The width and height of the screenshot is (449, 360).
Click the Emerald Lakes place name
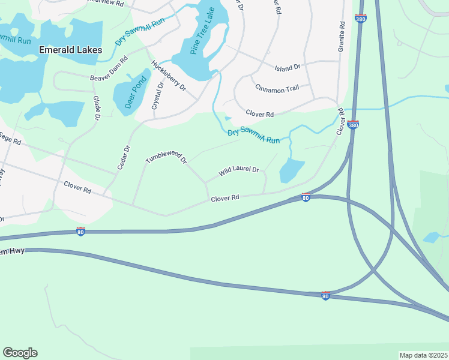click(x=70, y=50)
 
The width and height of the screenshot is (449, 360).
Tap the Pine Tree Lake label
click(x=202, y=32)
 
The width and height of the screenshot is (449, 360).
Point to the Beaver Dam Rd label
click(x=109, y=69)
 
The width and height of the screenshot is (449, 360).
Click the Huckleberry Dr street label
click(x=169, y=76)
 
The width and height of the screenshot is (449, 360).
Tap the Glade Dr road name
click(x=96, y=107)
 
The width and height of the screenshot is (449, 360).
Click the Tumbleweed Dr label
click(x=166, y=158)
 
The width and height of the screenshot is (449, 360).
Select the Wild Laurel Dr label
click(x=238, y=172)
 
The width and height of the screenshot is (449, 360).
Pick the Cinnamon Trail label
click(x=277, y=89)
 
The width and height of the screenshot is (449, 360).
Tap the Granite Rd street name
click(x=342, y=37)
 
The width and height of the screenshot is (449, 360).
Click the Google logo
click(x=20, y=353)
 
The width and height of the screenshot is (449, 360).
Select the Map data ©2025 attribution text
click(x=423, y=355)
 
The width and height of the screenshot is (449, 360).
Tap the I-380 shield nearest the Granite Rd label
click(x=360, y=19)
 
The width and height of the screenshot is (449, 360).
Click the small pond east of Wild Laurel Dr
click(x=292, y=170)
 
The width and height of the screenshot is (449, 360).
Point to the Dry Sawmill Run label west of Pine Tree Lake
click(x=140, y=31)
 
